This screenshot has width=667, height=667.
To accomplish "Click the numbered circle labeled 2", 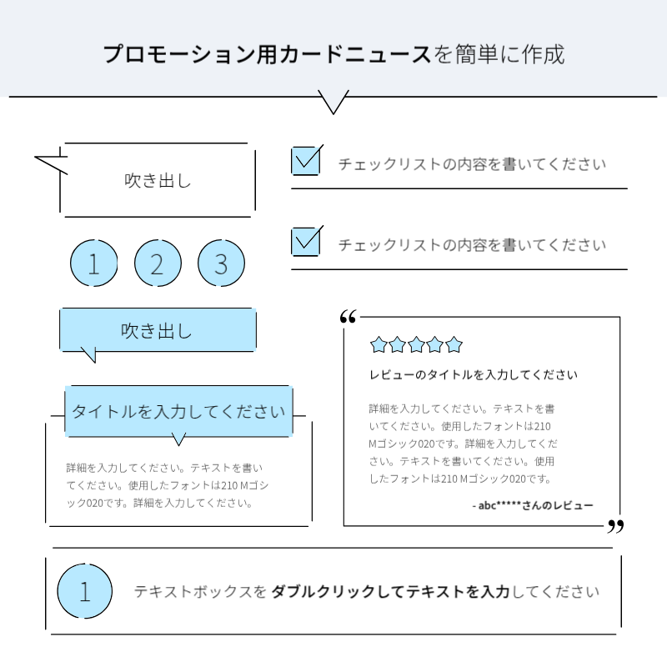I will pos(158,263).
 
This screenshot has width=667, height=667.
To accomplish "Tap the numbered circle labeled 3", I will pos(221,263).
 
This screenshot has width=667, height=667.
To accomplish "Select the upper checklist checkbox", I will pos(306,160).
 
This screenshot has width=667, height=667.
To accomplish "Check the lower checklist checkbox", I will pos(306,241).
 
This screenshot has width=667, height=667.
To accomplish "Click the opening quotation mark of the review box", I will pos(349,317).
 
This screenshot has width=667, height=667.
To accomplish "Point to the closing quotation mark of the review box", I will pos(616,526).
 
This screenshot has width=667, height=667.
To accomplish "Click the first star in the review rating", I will pos(379,344).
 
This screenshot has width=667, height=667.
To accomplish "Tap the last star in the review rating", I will pos(454,344).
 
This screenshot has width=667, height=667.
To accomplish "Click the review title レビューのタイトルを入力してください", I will pos(473,375).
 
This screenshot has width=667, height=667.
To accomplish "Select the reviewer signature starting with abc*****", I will pos(533,505).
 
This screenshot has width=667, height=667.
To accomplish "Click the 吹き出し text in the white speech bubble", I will pos(158,180).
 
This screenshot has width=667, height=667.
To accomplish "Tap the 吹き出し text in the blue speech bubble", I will pos(157,331).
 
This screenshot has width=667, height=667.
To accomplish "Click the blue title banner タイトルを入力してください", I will pos(178,411).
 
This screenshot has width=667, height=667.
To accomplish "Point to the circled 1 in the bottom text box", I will pos(84,592).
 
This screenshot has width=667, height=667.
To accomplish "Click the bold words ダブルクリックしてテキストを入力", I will pos(391,592).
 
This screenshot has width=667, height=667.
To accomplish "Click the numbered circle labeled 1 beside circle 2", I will pos(93,263).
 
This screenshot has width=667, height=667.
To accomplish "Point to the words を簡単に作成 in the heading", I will pos(499,55).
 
